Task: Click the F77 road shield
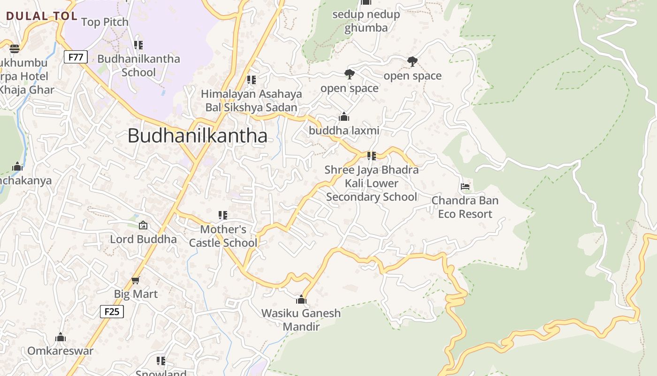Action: click(76, 57)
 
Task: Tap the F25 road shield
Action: click(112, 311)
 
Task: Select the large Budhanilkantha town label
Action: click(198, 136)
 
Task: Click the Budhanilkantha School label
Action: click(138, 65)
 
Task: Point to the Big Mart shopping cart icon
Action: click(136, 280)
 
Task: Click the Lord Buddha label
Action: click(143, 239)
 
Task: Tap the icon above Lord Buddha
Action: click(143, 226)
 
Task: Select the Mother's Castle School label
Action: click(223, 236)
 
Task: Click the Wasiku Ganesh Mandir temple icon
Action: click(301, 299)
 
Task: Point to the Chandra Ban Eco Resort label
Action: click(465, 207)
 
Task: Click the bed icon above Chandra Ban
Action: click(465, 187)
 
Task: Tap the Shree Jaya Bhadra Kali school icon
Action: click(371, 156)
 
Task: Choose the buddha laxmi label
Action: click(344, 131)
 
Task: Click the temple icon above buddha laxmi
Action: click(344, 117)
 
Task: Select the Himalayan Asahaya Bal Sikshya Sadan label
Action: click(252, 101)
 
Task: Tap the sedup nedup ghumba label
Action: click(366, 21)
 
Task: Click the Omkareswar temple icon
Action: click(61, 337)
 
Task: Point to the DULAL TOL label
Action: click(42, 16)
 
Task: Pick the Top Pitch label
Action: click(105, 22)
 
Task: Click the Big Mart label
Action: click(136, 294)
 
